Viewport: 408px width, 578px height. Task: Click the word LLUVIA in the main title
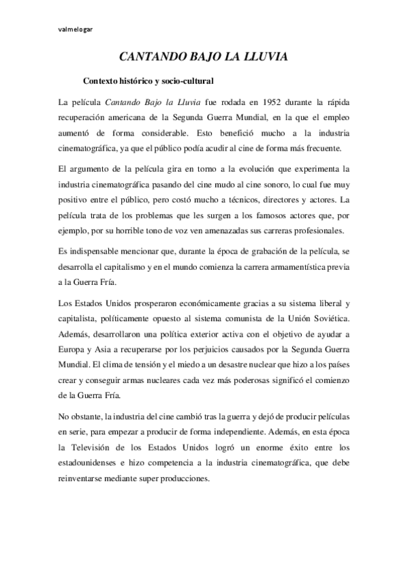(262, 59)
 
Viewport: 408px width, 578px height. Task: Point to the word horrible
(128, 213)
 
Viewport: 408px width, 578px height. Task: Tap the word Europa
(73, 331)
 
